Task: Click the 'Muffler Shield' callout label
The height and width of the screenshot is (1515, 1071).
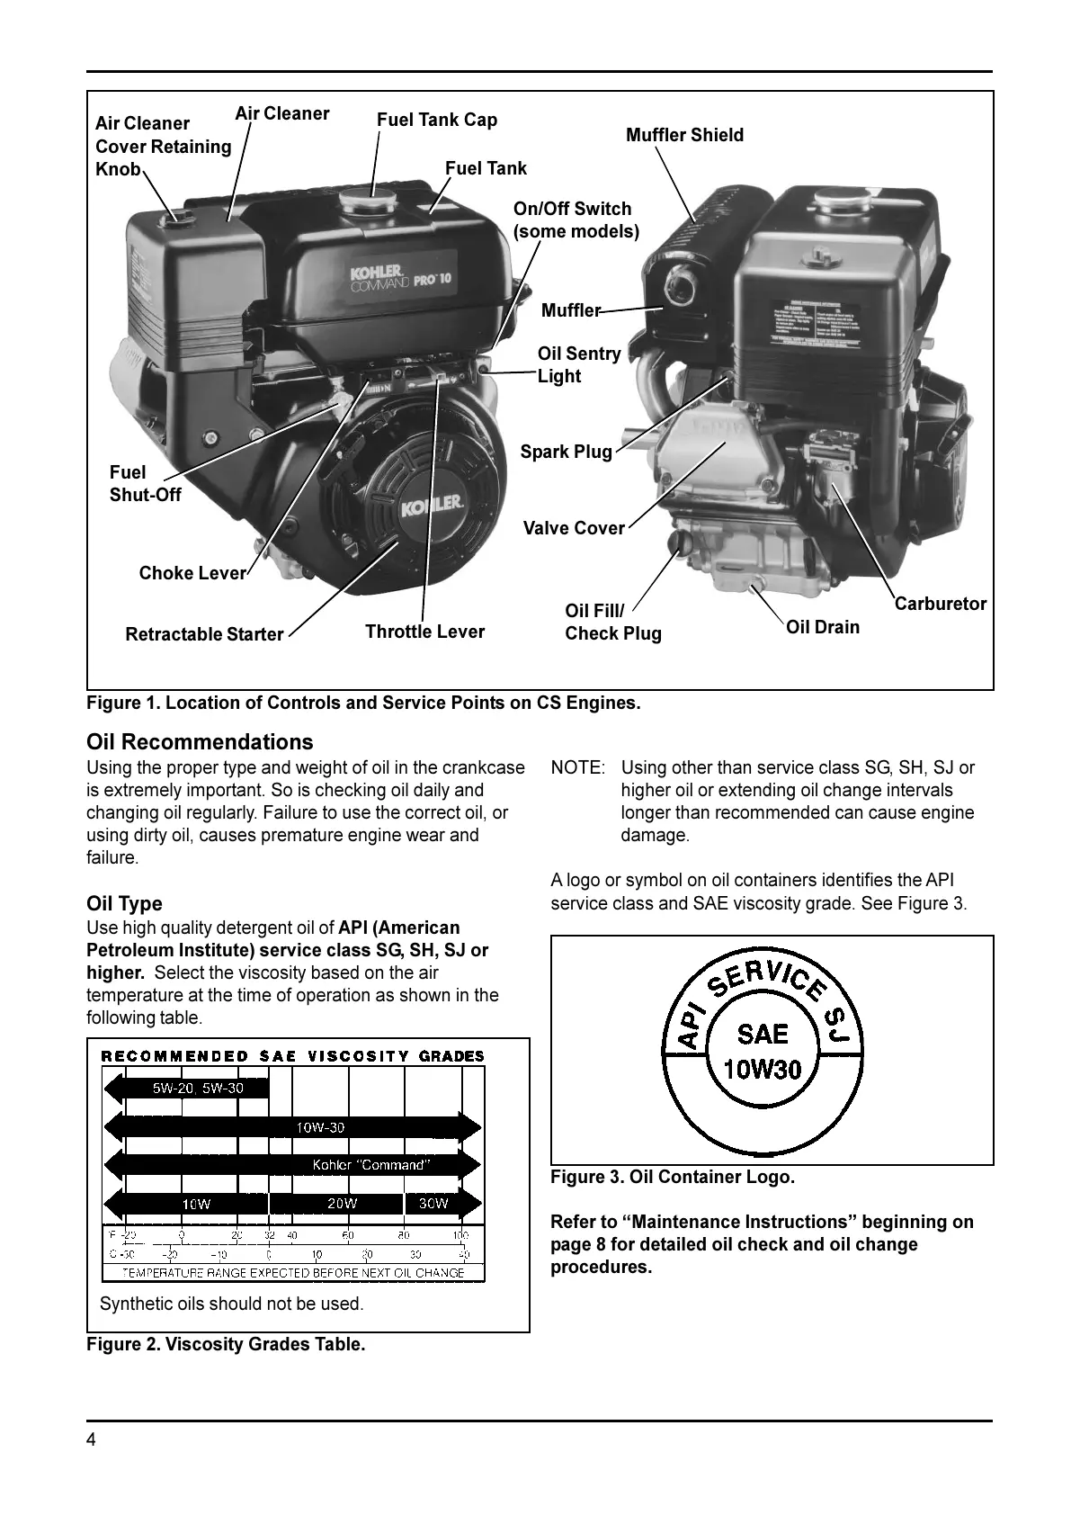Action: pyautogui.click(x=684, y=135)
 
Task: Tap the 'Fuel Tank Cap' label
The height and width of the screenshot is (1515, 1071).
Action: pyautogui.click(x=436, y=120)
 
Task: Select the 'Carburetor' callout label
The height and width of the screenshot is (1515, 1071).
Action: pyautogui.click(x=940, y=604)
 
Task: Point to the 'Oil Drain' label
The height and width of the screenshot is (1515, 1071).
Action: pyautogui.click(x=822, y=627)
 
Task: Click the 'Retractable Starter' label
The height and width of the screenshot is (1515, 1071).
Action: pyautogui.click(x=204, y=634)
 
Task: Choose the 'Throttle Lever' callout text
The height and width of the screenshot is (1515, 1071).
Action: pyautogui.click(x=424, y=632)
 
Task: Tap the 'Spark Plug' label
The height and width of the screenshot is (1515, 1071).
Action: pyautogui.click(x=566, y=452)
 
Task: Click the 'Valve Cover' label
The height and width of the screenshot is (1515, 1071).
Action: pyautogui.click(x=574, y=528)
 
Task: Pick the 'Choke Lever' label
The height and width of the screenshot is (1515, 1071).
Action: pyautogui.click(x=192, y=573)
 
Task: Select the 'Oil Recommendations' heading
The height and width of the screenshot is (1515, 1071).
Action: pyautogui.click(x=200, y=742)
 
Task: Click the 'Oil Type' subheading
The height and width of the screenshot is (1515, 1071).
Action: pyautogui.click(x=124, y=903)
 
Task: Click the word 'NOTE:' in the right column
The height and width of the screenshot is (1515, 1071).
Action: pyautogui.click(x=577, y=767)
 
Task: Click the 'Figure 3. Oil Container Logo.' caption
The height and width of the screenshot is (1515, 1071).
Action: pyautogui.click(x=673, y=1177)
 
